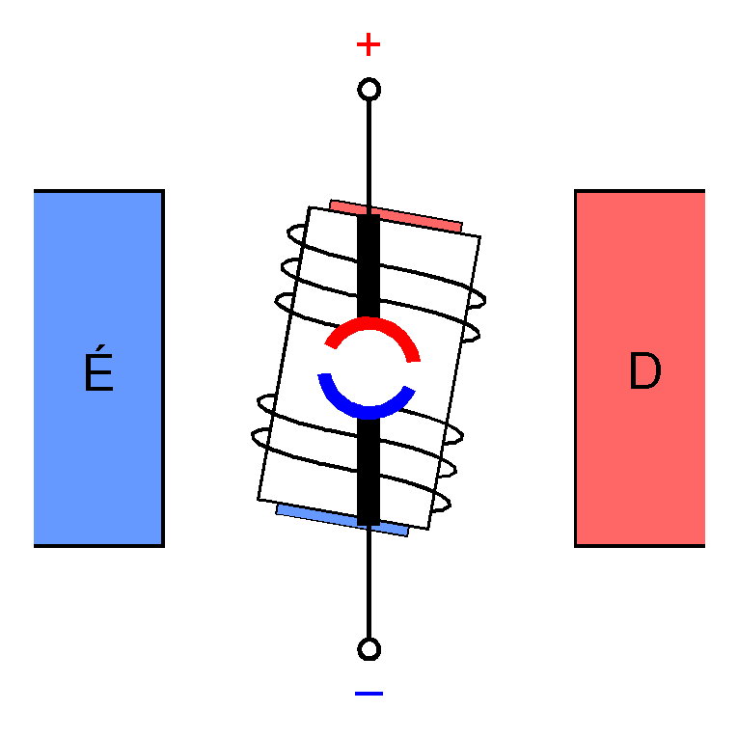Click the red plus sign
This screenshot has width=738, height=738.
coord(368,44)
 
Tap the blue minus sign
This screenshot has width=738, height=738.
coord(369,693)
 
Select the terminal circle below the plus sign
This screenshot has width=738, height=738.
coord(369,90)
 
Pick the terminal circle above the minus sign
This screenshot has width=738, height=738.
coord(369,648)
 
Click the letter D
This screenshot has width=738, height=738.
coord(643,372)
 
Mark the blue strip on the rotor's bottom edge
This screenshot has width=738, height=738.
coord(342,518)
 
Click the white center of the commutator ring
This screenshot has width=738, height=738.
coord(369,369)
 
